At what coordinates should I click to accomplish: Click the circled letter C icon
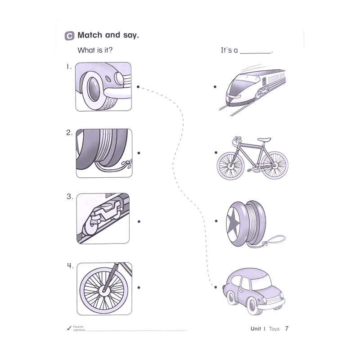[x=70, y=36]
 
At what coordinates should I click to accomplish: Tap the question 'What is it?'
[x=95, y=50]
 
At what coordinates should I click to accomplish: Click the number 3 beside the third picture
[x=69, y=197]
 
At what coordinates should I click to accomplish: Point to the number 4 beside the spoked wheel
[x=70, y=265]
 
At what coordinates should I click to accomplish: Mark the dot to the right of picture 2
[x=139, y=153]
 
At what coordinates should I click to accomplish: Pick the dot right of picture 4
[x=139, y=287]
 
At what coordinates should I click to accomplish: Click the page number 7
[x=287, y=328]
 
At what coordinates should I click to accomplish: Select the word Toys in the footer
[x=274, y=329]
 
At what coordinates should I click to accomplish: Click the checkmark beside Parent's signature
[x=68, y=328]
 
